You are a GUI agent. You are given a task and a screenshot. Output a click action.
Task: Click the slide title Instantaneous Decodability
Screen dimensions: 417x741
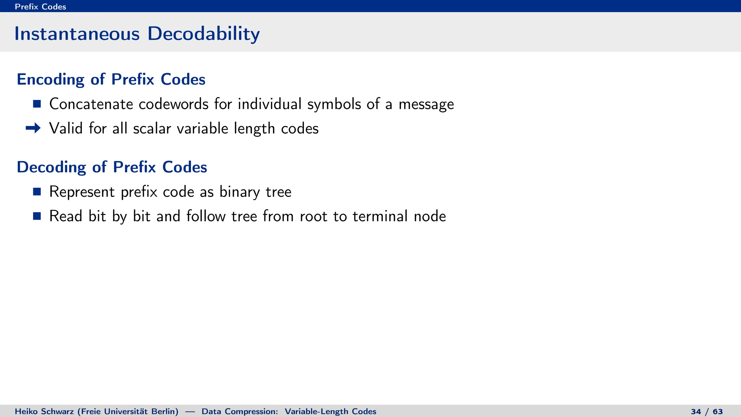coord(137,34)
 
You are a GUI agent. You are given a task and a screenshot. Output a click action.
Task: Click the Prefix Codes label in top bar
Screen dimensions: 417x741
coord(40,7)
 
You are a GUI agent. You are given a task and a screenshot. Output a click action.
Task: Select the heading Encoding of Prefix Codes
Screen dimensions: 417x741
coord(111,79)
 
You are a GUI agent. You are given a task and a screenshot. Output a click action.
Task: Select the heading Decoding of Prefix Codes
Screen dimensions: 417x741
coord(112,167)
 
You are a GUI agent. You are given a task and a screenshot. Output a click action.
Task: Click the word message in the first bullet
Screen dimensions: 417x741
coord(426,105)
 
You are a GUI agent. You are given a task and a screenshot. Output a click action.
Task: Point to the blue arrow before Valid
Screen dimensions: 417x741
coord(33,128)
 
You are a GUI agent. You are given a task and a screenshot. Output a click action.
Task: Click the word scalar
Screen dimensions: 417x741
coord(152,129)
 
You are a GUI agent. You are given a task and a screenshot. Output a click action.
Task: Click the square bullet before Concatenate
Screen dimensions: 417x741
coord(37,104)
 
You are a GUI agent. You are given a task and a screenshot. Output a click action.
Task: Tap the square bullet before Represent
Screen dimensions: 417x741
coord(37,191)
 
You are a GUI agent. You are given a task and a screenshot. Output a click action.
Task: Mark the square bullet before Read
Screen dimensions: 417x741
coord(37,216)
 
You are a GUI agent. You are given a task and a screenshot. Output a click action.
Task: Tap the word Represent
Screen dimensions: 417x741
coord(82,192)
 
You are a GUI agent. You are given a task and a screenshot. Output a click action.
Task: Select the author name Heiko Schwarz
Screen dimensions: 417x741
coord(44,412)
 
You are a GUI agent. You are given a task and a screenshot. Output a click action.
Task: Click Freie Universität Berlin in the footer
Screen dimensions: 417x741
coord(128,412)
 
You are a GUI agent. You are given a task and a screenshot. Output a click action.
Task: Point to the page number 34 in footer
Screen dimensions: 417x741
coord(696,412)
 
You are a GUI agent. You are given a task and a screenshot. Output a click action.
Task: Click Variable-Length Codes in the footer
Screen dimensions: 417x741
coord(330,412)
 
